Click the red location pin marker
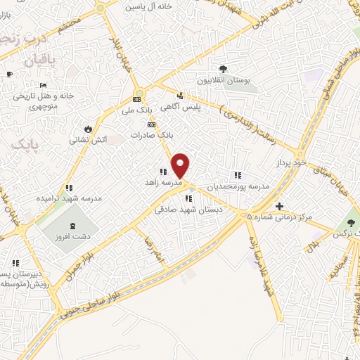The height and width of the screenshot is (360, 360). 181,165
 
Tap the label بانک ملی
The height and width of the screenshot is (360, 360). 136,110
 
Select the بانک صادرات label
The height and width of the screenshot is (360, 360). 156,133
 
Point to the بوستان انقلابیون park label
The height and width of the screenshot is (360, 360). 223,81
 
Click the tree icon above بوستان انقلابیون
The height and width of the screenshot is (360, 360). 223,69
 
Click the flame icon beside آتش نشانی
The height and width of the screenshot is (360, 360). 87,129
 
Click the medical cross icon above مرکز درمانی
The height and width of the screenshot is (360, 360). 280,206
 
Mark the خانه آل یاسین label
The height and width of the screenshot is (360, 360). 149,6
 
